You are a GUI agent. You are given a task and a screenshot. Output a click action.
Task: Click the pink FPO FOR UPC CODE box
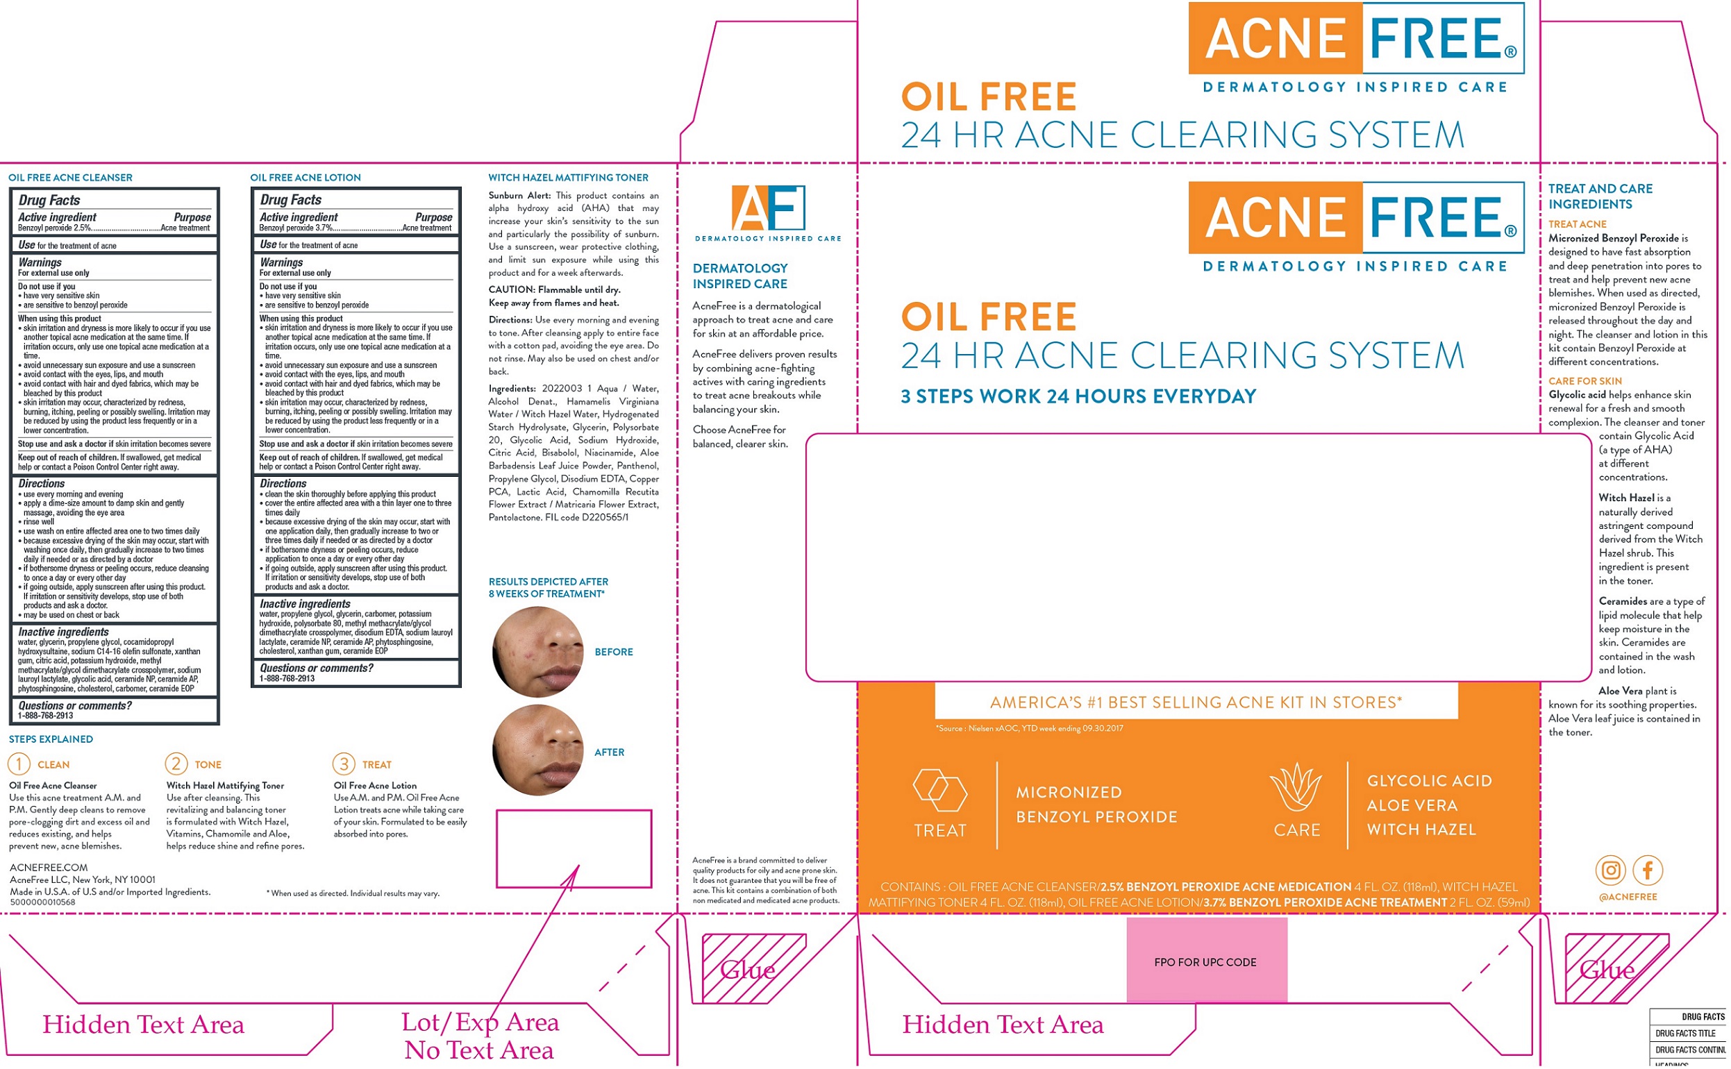(x=1206, y=960)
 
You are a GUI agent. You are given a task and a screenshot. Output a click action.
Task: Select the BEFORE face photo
(x=538, y=651)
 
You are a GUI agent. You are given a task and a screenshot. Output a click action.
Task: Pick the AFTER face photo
(x=538, y=750)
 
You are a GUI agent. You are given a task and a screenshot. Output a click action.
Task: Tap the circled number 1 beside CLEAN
(x=19, y=764)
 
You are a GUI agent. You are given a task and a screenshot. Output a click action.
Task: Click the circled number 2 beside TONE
(x=176, y=764)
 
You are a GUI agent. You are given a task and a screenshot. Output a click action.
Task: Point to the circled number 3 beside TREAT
(x=344, y=764)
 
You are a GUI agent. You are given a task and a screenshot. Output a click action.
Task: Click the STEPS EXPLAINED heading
(x=51, y=739)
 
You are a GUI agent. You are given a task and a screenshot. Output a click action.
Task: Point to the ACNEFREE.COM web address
(x=49, y=868)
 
